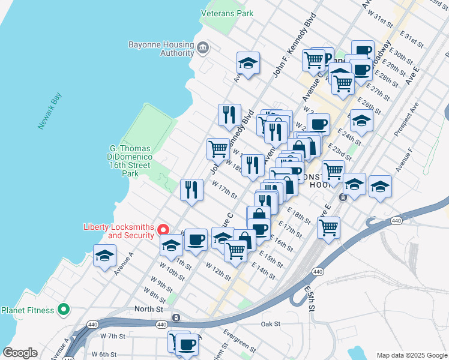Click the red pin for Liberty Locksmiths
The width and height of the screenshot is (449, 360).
[162, 230]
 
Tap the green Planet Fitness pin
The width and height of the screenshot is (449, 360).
[64, 310]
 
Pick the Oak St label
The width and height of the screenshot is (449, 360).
[270, 324]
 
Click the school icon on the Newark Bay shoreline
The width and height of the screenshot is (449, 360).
[104, 256]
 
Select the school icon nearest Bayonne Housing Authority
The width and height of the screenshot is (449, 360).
[247, 62]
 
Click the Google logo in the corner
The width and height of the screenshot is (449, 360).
[20, 353]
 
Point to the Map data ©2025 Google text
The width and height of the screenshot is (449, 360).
[411, 355]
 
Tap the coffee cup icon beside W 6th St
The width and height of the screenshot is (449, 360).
[187, 344]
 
